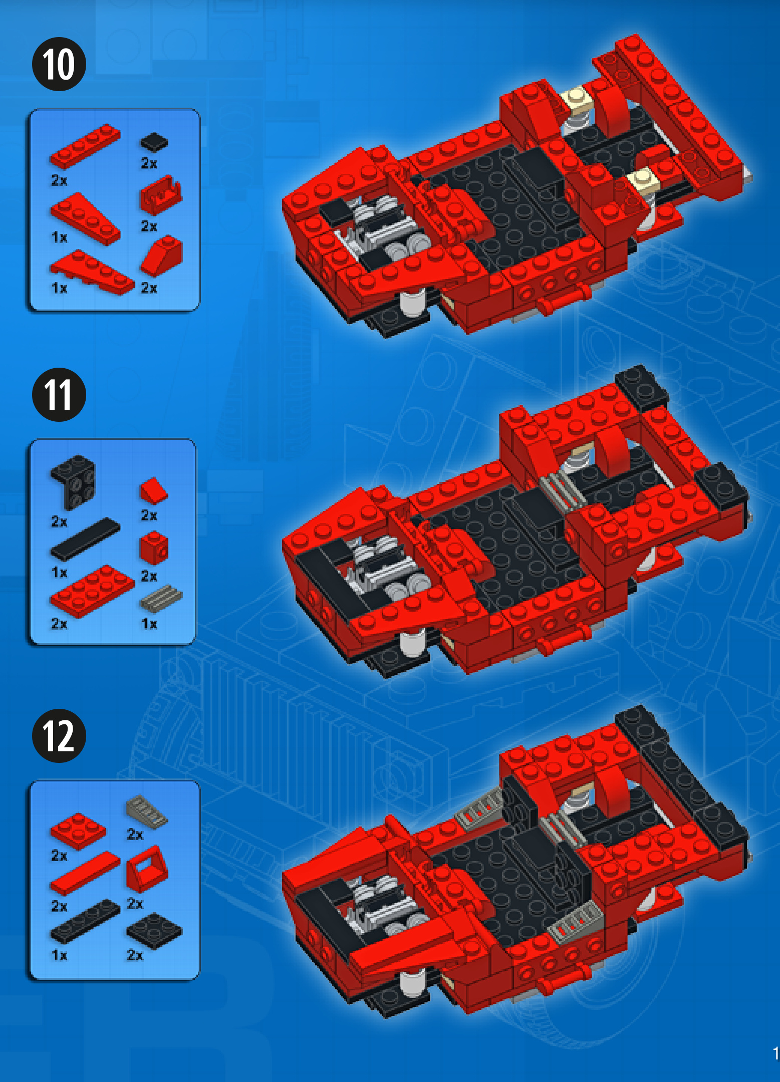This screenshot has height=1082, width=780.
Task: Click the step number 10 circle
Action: point(59,64)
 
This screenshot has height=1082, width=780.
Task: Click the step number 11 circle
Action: point(59,395)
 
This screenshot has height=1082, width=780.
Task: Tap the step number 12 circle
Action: point(59,736)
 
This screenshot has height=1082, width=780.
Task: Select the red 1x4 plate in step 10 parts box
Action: point(85,146)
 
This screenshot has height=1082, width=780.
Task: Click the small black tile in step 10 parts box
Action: point(154,142)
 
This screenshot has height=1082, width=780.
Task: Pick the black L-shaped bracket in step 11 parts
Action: point(73,482)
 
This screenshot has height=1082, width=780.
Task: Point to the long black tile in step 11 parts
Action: point(85,539)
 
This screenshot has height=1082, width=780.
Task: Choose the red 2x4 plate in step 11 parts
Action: point(92,591)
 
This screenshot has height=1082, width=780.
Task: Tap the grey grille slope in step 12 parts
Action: point(146,811)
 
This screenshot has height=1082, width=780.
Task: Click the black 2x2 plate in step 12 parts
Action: point(154,931)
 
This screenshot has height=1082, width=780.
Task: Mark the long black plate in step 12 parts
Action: point(85,921)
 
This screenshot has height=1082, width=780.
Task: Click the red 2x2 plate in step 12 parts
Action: point(78,832)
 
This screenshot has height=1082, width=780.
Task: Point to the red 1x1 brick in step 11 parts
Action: point(154,548)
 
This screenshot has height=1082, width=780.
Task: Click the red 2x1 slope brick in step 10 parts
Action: point(161,255)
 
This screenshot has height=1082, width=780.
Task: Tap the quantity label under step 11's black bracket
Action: point(59,522)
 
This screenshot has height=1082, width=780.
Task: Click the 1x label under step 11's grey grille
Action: point(149,624)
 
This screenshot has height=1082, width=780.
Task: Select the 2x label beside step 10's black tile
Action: point(149,163)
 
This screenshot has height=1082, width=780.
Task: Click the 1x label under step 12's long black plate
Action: point(59,955)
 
